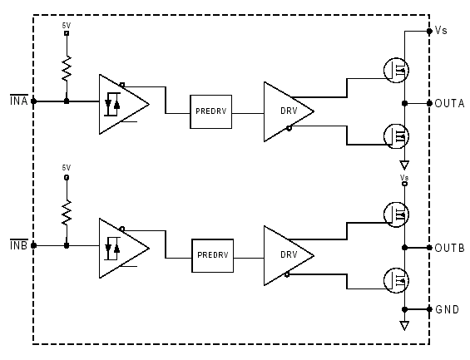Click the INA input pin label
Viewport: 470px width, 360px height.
point(19,101)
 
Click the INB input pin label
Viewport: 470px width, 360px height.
point(19,245)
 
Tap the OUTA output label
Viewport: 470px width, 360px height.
point(449,103)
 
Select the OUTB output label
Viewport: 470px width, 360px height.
point(449,248)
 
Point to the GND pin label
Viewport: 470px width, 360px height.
point(447,309)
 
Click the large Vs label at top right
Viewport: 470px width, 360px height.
point(441,30)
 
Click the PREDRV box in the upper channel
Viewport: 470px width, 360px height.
point(210,111)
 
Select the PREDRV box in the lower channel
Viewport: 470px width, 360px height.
point(212,255)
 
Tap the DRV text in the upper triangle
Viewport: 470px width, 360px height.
point(289,111)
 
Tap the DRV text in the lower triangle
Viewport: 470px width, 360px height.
point(289,255)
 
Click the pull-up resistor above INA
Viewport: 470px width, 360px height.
point(67,68)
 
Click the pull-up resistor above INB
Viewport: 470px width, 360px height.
point(67,212)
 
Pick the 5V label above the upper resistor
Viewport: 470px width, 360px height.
point(67,26)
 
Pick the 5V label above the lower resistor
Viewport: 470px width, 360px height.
point(67,168)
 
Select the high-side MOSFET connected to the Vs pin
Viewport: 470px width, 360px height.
point(396,70)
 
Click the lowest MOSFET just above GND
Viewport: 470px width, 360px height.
point(396,280)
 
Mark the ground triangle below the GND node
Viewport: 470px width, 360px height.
point(404,326)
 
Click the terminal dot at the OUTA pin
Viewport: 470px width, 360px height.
point(429,103)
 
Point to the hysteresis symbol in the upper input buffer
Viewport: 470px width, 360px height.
point(112,104)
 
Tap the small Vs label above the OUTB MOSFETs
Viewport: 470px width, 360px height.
point(404,177)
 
